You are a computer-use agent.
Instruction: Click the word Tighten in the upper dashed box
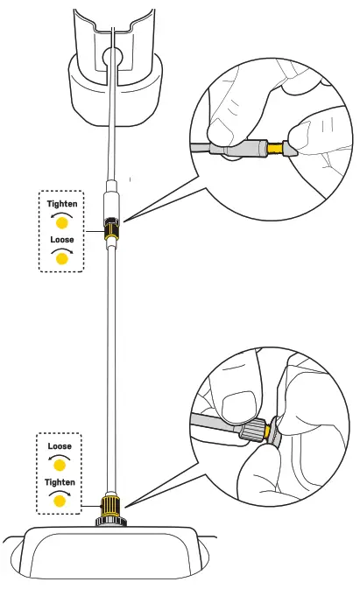coord(61,204)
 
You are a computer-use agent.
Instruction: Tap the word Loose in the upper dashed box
coord(61,239)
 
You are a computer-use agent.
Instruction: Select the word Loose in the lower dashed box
coord(60,446)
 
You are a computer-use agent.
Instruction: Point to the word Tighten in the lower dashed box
coord(60,481)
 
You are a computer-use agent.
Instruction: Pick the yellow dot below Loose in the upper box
coord(61,259)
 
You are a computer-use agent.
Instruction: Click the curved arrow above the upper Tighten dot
coord(61,214)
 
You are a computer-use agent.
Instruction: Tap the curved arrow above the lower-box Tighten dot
coord(60,492)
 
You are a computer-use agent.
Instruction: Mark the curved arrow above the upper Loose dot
coord(61,249)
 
